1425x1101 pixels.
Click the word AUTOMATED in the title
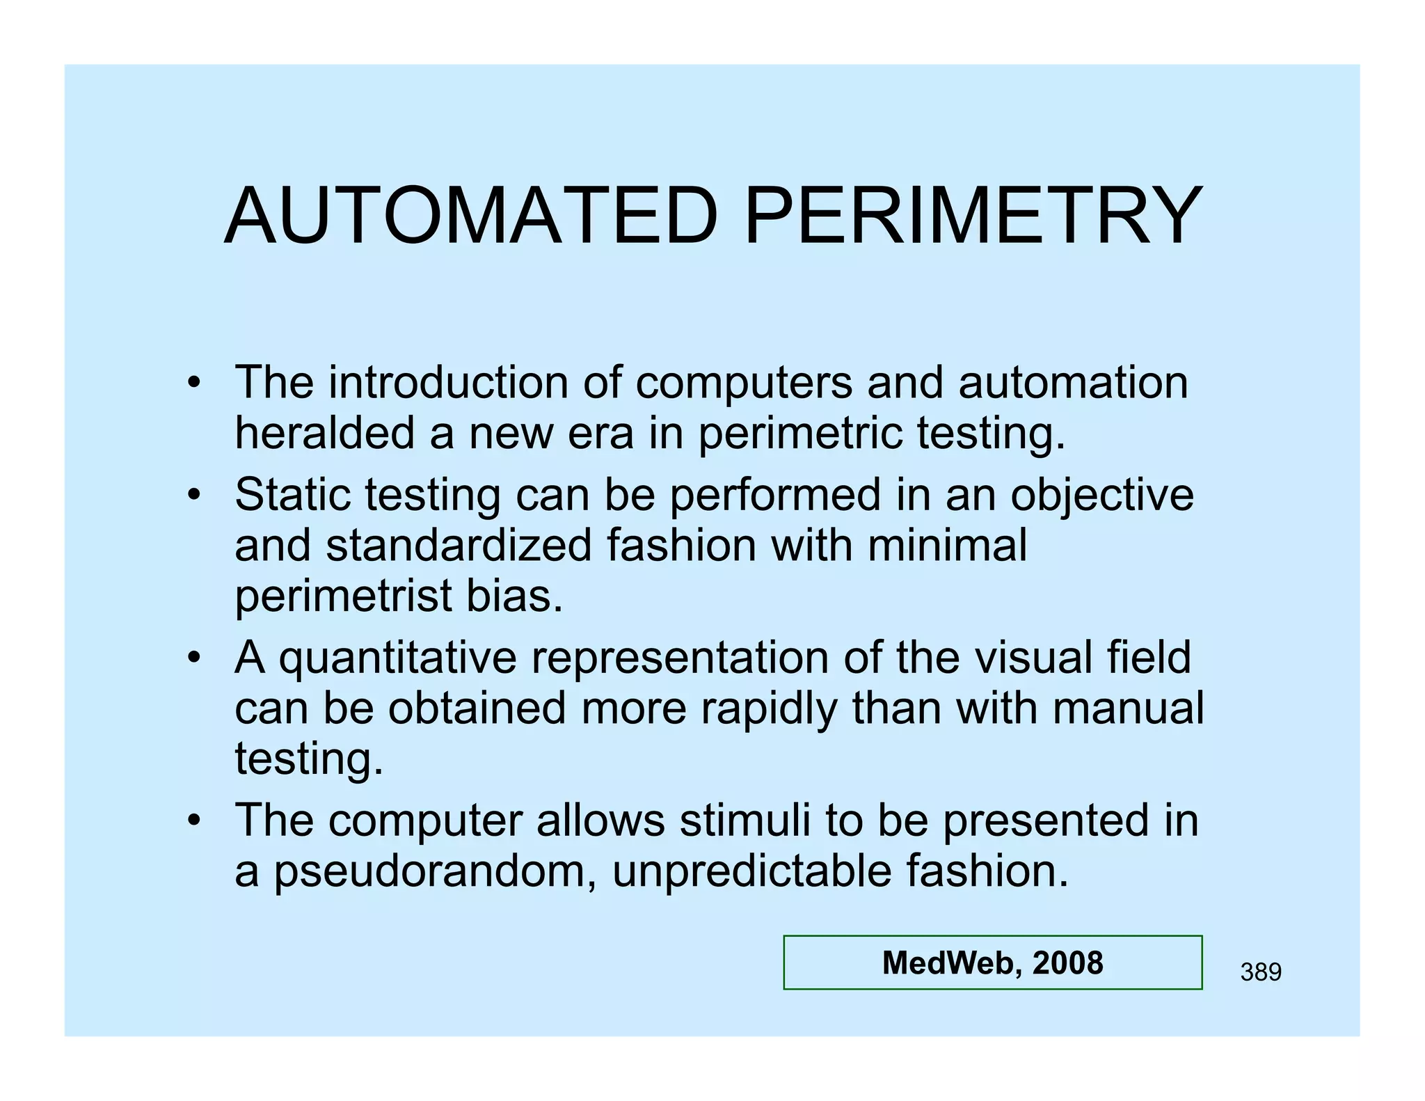tap(471, 216)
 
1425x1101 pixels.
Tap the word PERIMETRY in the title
tap(973, 216)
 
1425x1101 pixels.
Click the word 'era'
tap(600, 433)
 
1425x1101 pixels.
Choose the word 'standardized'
tap(459, 545)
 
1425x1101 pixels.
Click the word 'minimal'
tap(947, 545)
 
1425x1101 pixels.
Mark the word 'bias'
tap(514, 596)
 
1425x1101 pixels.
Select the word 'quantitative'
tap(398, 658)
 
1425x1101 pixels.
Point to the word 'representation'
tap(680, 658)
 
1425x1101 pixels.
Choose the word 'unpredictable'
tap(751, 871)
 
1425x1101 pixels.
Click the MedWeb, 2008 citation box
tap(992, 963)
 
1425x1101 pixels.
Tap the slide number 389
tap(1261, 972)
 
